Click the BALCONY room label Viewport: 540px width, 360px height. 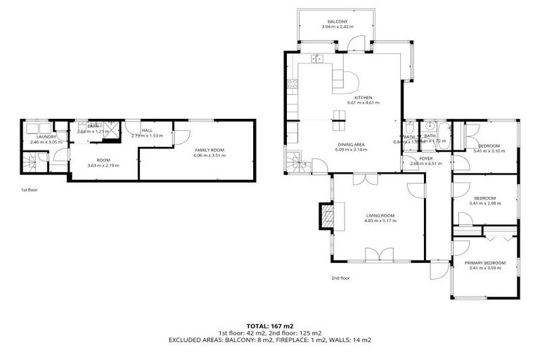[336, 22]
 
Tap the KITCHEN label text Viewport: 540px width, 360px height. [363, 97]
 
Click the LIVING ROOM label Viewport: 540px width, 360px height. [380, 215]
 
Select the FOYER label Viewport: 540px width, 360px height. [426, 158]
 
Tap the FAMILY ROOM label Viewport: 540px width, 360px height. [209, 150]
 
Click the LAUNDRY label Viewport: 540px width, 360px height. [37, 136]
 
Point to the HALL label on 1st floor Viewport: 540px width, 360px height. [147, 130]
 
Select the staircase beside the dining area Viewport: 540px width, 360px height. [296, 164]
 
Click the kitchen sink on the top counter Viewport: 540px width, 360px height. [317, 58]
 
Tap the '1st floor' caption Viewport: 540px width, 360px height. [30, 190]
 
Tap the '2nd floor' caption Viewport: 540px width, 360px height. [341, 278]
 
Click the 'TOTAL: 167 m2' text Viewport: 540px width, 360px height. [269, 326]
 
